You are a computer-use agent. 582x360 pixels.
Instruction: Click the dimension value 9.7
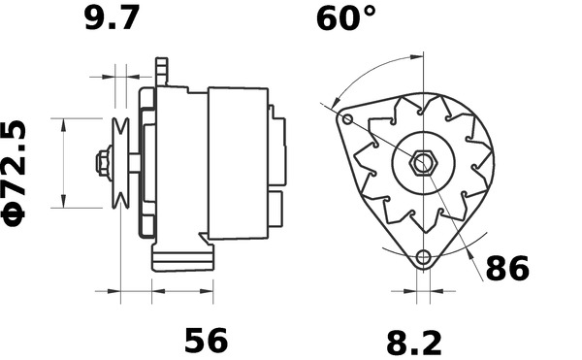(112, 17)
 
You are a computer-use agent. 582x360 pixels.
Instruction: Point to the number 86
(506, 268)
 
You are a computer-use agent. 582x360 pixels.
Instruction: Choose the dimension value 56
(206, 340)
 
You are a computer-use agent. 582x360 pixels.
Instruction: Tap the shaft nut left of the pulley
(102, 162)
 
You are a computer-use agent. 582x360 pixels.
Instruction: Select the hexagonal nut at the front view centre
(422, 162)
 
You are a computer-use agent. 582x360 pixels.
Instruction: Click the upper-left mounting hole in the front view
(348, 119)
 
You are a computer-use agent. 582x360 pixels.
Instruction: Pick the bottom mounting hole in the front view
(422, 258)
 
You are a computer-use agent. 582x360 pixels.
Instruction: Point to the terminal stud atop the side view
(163, 71)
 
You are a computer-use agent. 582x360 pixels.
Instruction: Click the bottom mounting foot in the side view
(181, 259)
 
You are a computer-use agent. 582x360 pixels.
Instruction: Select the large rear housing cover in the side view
(238, 163)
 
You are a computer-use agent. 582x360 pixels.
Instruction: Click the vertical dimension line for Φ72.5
(64, 162)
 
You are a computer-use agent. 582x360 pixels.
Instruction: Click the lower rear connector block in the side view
(277, 207)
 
